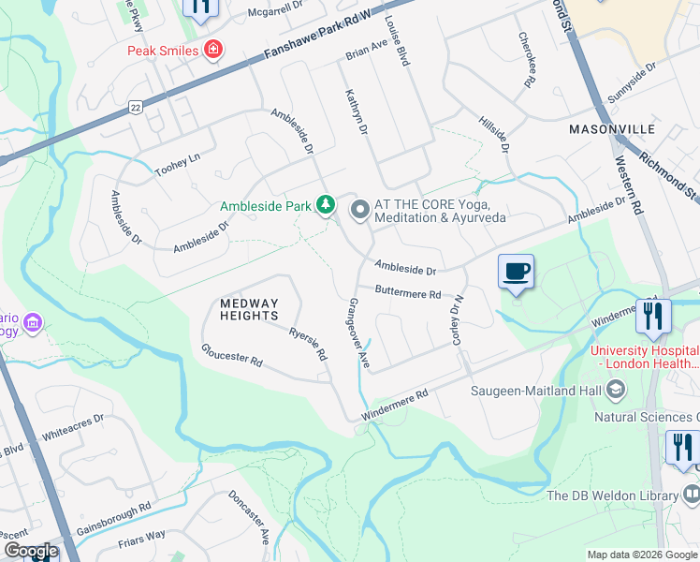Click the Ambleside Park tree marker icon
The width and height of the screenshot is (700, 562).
(326, 204)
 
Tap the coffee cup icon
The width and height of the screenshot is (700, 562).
(516, 272)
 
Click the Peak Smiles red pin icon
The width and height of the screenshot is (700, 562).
(214, 49)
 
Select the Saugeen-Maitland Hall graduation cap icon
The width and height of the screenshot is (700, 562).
(616, 388)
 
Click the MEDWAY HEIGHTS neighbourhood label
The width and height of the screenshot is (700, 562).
(250, 310)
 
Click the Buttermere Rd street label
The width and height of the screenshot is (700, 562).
(408, 293)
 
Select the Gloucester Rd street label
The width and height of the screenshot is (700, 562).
(231, 356)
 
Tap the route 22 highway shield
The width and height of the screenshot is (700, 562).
(136, 107)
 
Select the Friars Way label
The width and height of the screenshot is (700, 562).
(142, 536)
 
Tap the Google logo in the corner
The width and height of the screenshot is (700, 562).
(30, 551)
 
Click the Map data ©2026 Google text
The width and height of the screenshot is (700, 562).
(641, 555)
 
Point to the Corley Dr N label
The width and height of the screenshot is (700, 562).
(458, 320)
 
